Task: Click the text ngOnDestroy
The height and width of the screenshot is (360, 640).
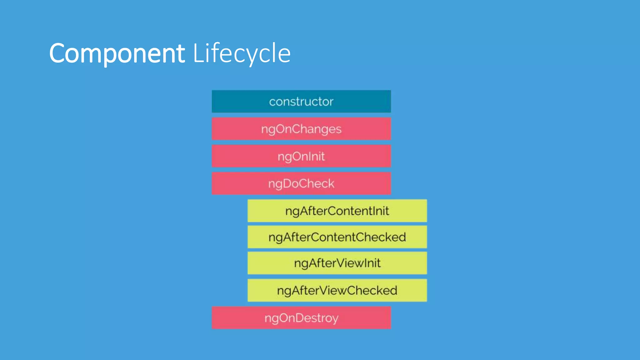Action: point(301,318)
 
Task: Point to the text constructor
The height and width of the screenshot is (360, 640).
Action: point(301,102)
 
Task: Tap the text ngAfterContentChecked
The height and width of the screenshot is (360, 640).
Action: point(337,237)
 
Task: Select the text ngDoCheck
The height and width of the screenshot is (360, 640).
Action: point(301,184)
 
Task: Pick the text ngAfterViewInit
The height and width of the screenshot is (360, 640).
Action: point(337,263)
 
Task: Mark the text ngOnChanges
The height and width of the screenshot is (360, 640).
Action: point(301,129)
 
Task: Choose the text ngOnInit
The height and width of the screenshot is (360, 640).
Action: point(301,156)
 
